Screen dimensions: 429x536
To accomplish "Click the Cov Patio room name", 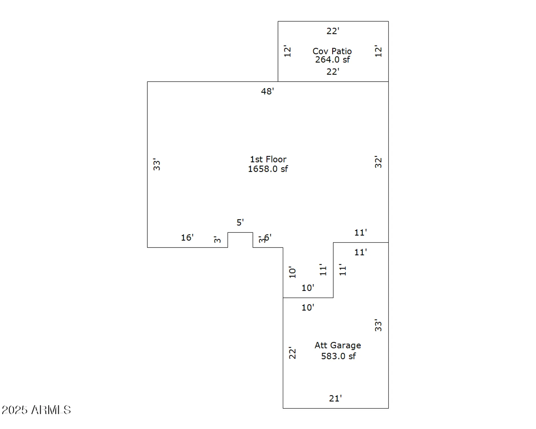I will click(332, 51).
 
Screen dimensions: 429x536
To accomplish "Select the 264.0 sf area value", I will click(332, 60).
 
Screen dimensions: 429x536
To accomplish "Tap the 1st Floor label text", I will click(268, 159).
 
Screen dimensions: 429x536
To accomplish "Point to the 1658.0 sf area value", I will click(268, 169).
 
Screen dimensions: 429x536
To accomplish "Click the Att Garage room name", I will click(338, 345).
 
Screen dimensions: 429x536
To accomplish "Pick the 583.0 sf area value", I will click(338, 356).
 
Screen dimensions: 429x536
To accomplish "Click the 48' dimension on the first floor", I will click(267, 91).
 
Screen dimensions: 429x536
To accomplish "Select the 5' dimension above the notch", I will click(240, 222).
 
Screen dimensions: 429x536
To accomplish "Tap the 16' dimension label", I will click(187, 237).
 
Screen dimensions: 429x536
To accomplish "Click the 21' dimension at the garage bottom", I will click(335, 398).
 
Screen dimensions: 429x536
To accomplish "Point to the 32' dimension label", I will click(378, 162).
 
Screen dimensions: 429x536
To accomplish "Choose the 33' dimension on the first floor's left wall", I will click(156, 164).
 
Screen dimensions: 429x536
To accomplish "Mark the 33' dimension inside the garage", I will click(378, 325).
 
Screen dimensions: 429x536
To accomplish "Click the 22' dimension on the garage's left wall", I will click(292, 353).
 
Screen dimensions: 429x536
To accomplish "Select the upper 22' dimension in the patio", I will click(333, 31).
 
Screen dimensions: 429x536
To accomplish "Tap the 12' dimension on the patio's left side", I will click(287, 51).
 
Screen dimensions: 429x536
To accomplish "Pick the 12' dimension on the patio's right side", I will click(378, 51).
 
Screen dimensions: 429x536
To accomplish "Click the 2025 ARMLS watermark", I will click(36, 410).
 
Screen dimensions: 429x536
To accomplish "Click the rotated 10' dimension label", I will click(292, 272).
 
